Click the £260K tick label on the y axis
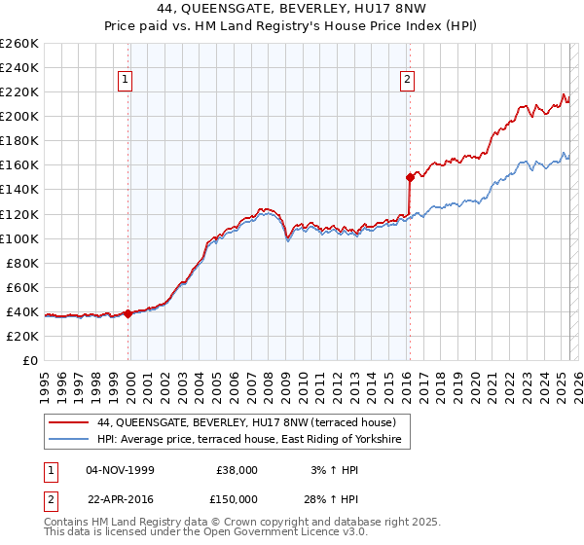point(19,44)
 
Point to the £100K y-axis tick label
point(19,238)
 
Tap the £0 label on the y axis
point(29,360)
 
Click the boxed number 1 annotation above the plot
point(128,81)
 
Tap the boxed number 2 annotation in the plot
point(407,81)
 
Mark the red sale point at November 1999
point(128,313)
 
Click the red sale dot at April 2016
point(410,177)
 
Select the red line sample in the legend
point(68,423)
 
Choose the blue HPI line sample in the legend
point(68,441)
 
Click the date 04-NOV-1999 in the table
point(120,470)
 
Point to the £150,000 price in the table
point(237,498)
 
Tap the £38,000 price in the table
point(237,470)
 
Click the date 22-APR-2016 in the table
point(120,498)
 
